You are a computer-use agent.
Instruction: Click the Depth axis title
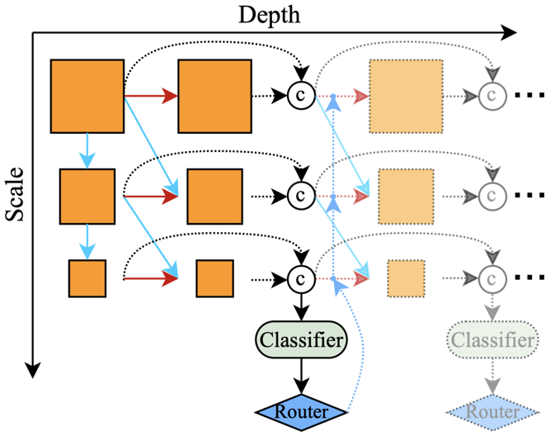coord(268,14)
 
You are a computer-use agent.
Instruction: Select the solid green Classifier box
coord(300,339)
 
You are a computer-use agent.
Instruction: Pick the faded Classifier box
coord(491,339)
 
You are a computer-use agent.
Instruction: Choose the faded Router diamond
coord(492,411)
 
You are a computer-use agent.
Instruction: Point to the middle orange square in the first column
coord(87,196)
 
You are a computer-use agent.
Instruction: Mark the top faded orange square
coord(406,96)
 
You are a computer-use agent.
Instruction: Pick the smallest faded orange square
coord(406,278)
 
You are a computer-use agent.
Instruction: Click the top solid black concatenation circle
coord(300,96)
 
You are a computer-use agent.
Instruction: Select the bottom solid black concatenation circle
coord(300,278)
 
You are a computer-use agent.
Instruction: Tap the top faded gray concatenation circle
coord(491,96)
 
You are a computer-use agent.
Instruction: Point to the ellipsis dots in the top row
coord(528,96)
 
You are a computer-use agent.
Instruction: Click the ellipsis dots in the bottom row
coord(528,278)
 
